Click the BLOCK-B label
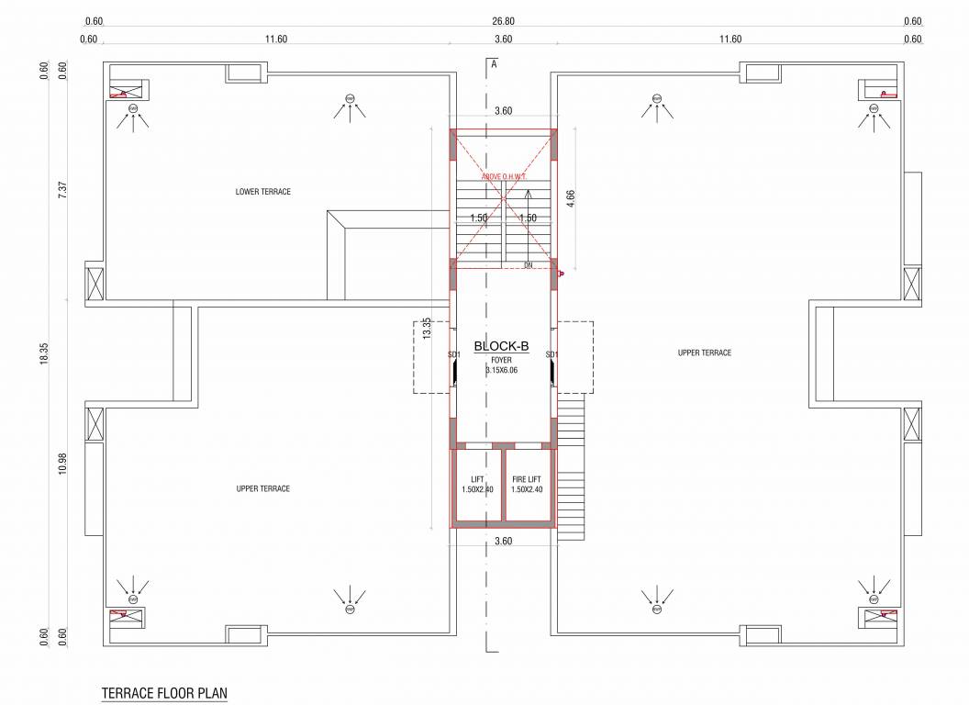pyautogui.click(x=502, y=346)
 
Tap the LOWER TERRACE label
pyautogui.click(x=263, y=192)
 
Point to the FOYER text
pyautogui.click(x=502, y=360)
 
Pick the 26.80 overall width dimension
pyautogui.click(x=503, y=21)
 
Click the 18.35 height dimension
pyautogui.click(x=43, y=355)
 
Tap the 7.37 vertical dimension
pyautogui.click(x=62, y=190)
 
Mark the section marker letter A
pyautogui.click(x=494, y=64)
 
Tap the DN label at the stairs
pyautogui.click(x=529, y=265)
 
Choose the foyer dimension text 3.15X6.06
pyautogui.click(x=502, y=370)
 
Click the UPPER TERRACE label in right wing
pyautogui.click(x=705, y=353)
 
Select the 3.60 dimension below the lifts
pyautogui.click(x=503, y=542)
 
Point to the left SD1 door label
pyautogui.click(x=453, y=354)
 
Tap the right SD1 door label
pyautogui.click(x=551, y=354)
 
